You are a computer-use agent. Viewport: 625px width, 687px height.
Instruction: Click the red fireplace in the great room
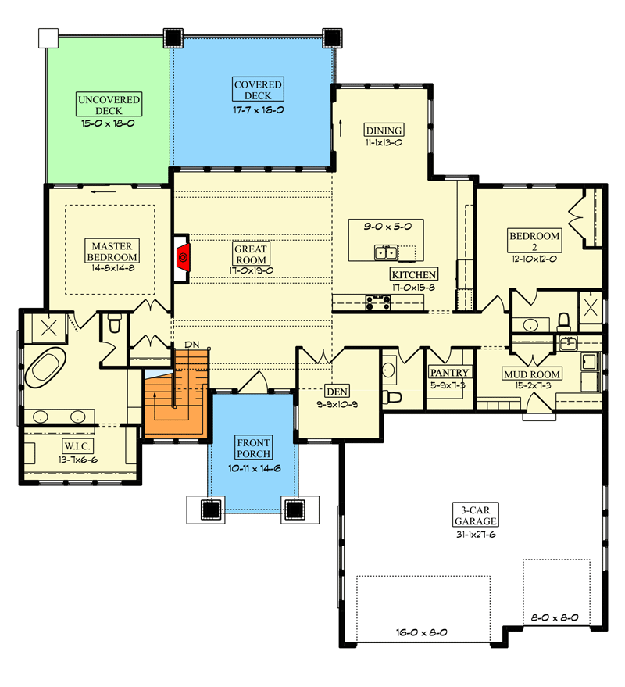(182, 256)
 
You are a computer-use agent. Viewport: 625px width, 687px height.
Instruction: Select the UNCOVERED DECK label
(109, 106)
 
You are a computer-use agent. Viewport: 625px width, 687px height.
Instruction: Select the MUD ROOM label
(531, 374)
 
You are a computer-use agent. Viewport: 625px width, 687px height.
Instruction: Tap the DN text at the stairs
(192, 345)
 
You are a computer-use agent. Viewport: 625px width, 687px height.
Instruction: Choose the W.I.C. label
(79, 446)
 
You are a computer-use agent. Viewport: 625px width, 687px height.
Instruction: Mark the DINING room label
(384, 131)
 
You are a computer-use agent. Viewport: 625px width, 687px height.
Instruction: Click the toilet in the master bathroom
(114, 323)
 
